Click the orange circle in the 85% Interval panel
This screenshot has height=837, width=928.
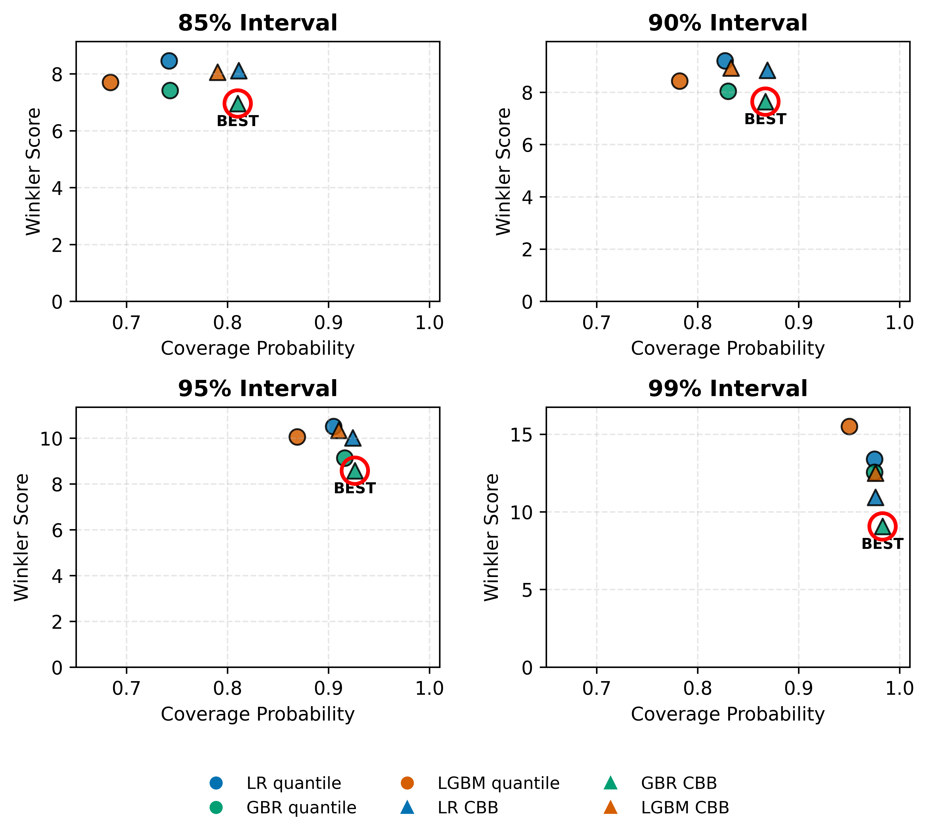(x=110, y=82)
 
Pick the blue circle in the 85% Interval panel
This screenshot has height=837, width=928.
(x=169, y=61)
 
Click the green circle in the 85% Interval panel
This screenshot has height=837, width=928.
(x=170, y=91)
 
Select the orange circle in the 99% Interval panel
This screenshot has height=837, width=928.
(x=849, y=426)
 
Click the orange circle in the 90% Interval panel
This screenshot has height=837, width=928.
(x=679, y=81)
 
